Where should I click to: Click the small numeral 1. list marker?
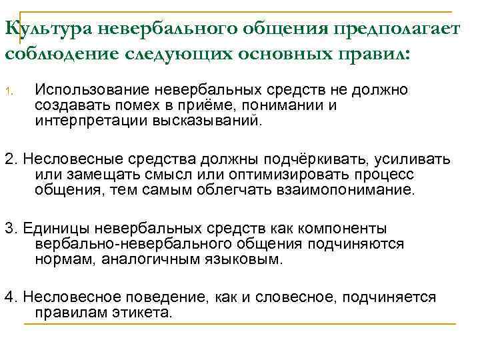(9, 91)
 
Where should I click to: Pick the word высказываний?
(203, 121)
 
